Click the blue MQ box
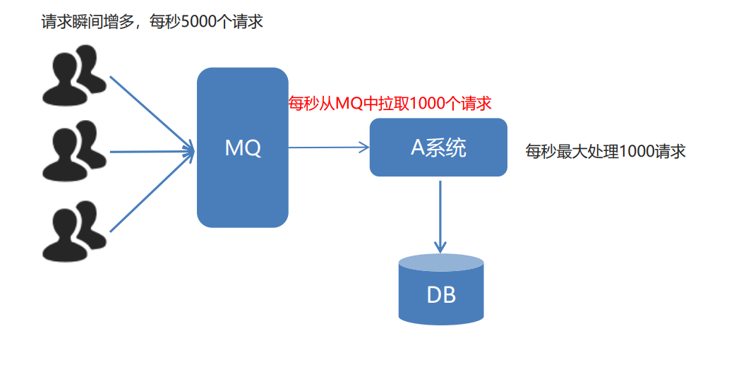point(242,183)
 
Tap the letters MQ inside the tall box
point(242,148)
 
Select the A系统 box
point(438,148)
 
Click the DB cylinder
point(441,293)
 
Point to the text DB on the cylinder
point(441,294)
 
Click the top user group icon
point(74,74)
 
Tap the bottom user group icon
point(74,230)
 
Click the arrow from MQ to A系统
point(328,148)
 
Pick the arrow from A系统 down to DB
point(440,215)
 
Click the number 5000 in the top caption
point(198,22)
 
